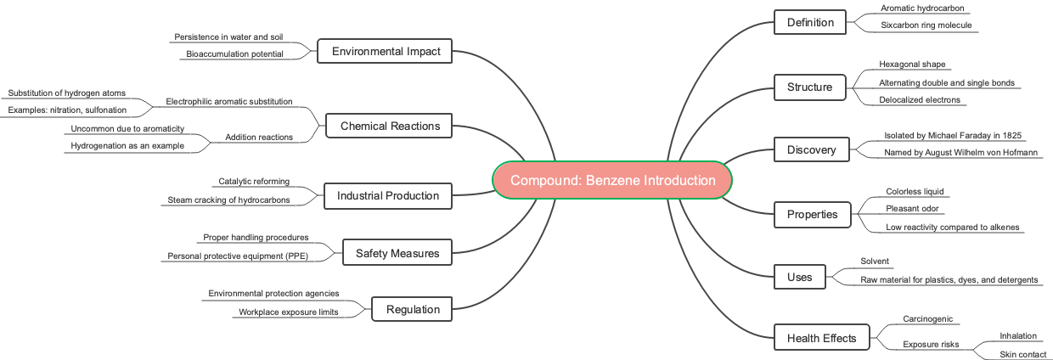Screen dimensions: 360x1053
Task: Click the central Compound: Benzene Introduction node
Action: click(x=611, y=180)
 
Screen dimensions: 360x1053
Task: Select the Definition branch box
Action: click(x=810, y=22)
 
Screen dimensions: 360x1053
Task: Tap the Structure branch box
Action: click(x=810, y=87)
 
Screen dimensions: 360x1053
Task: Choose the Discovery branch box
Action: click(x=810, y=150)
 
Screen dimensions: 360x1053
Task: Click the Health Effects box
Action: click(x=822, y=338)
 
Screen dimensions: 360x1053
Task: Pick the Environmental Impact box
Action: click(x=386, y=51)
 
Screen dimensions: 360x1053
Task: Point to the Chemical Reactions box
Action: click(x=390, y=126)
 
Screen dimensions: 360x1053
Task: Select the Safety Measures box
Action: click(x=397, y=252)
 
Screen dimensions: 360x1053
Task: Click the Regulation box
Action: click(x=413, y=309)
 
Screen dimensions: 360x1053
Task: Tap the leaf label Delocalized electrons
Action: click(x=920, y=100)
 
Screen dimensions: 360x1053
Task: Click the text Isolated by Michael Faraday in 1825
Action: click(x=953, y=136)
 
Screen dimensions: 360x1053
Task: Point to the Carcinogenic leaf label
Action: click(x=927, y=319)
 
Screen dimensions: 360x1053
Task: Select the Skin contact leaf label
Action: click(x=1022, y=355)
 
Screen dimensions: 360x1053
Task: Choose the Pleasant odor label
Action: click(x=914, y=209)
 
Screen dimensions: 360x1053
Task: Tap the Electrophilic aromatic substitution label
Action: click(x=229, y=101)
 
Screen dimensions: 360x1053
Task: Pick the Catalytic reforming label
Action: click(x=254, y=181)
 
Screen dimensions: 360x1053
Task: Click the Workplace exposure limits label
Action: click(x=289, y=312)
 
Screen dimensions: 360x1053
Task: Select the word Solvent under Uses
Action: click(x=874, y=262)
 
